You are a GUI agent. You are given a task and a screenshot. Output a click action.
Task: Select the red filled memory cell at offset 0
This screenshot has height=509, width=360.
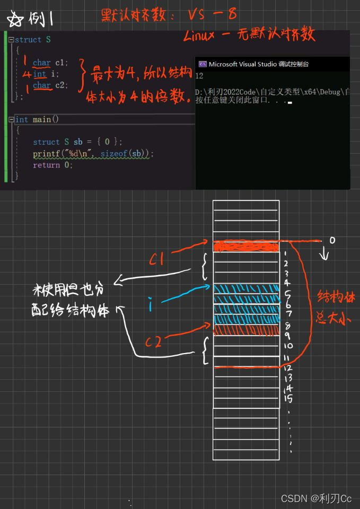(x=246, y=247)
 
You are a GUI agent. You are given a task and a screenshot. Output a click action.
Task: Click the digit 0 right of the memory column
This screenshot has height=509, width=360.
(x=332, y=240)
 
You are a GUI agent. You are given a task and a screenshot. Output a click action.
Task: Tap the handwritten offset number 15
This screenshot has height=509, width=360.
(x=288, y=398)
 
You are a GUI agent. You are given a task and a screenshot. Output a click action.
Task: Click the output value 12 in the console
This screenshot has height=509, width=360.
(x=199, y=76)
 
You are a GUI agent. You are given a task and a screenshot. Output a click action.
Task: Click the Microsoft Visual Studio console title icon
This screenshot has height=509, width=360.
(x=202, y=64)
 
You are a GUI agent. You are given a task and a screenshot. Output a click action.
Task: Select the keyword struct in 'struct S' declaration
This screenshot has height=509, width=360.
(x=27, y=40)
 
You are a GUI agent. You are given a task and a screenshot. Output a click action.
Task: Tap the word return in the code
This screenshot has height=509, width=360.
(x=46, y=165)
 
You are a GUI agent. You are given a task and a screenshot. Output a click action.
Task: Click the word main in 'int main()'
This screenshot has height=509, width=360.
(x=42, y=120)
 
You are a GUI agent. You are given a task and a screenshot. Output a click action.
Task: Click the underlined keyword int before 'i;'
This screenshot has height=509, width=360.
(x=40, y=74)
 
